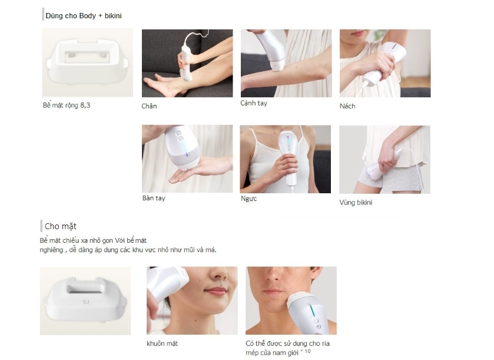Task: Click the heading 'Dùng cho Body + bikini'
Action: [84, 16]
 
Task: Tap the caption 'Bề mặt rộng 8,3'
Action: [67, 105]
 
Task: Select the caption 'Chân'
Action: [149, 106]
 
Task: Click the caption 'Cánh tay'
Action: [254, 103]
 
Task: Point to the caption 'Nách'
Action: [347, 106]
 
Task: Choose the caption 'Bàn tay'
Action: [154, 199]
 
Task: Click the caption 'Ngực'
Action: [248, 199]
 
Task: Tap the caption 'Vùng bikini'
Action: [356, 202]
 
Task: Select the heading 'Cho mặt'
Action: [61, 226]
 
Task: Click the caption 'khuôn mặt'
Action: [163, 344]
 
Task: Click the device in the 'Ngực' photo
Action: [289, 158]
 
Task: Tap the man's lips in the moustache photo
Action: [274, 292]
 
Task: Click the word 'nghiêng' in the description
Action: [52, 250]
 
